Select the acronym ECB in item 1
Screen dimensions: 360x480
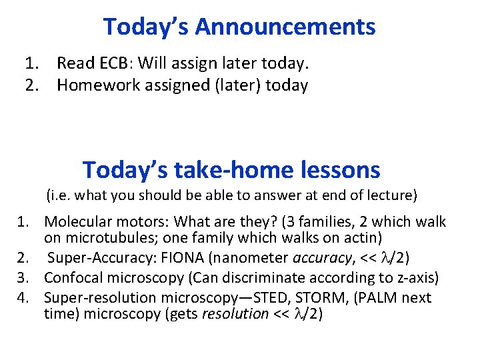[103, 64]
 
